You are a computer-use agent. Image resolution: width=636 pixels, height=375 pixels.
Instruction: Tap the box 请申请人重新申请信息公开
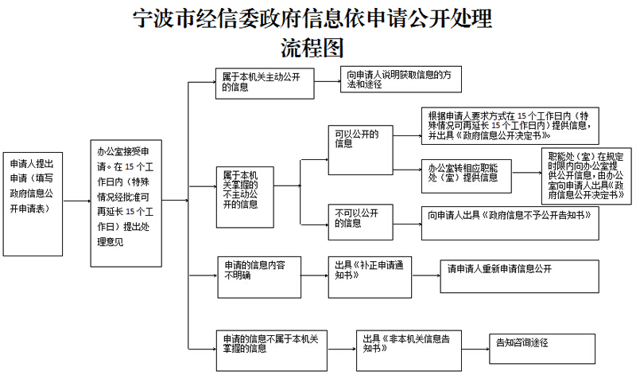point(518,275)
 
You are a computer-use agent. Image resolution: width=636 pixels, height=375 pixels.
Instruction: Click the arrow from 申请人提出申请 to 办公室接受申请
point(76,201)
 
